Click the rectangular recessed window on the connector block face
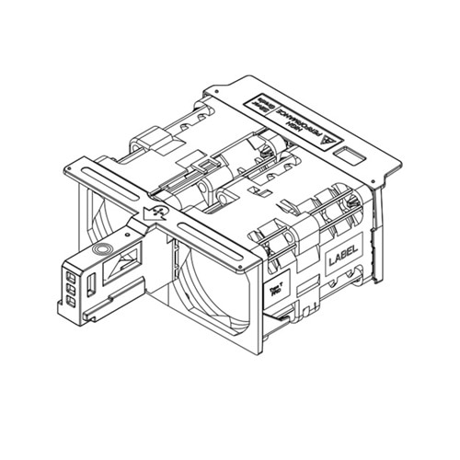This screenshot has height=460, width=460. (118, 270)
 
